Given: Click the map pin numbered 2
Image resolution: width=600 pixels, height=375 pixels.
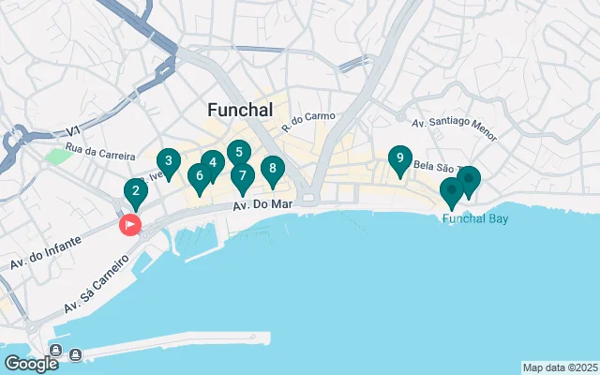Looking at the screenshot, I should pyautogui.click(x=136, y=194).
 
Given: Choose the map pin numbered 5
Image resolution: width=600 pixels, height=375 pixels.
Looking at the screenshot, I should pyautogui.click(x=239, y=153).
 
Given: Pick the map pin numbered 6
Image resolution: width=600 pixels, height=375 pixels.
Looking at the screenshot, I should pyautogui.click(x=199, y=176).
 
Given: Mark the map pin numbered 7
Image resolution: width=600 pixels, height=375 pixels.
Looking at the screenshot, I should pyautogui.click(x=242, y=176).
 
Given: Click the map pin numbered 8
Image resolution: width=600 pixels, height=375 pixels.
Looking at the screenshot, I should pyautogui.click(x=272, y=170).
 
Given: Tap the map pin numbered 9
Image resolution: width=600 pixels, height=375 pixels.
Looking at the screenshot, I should pyautogui.click(x=400, y=159).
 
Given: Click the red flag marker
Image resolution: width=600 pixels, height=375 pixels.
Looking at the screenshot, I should pyautogui.click(x=128, y=225).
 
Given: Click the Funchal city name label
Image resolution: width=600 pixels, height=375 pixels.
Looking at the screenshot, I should pyautogui.click(x=240, y=111).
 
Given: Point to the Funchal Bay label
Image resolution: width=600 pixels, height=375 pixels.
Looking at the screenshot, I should pyautogui.click(x=475, y=218).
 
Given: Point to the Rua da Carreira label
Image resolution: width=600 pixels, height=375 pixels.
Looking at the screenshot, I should pyautogui.click(x=100, y=156).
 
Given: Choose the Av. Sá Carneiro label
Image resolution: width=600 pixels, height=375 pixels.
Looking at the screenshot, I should pyautogui.click(x=97, y=292).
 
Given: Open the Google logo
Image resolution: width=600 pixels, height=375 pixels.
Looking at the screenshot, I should pyautogui.click(x=31, y=363).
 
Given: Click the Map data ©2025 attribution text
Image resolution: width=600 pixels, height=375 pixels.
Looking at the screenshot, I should pyautogui.click(x=560, y=367).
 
